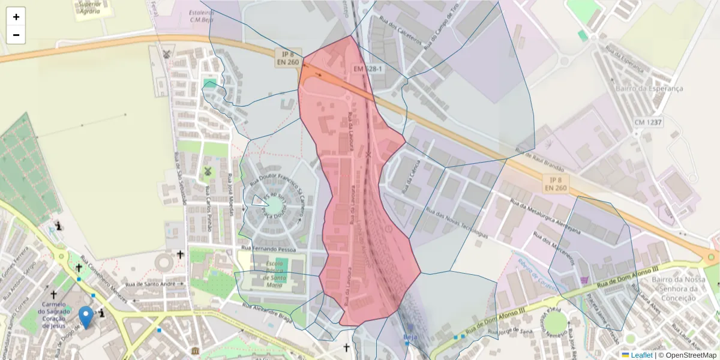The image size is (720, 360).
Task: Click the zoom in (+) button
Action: [x=16, y=17]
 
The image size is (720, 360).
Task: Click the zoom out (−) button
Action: [x=16, y=35]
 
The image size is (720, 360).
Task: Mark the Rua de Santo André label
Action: [x=150, y=283]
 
